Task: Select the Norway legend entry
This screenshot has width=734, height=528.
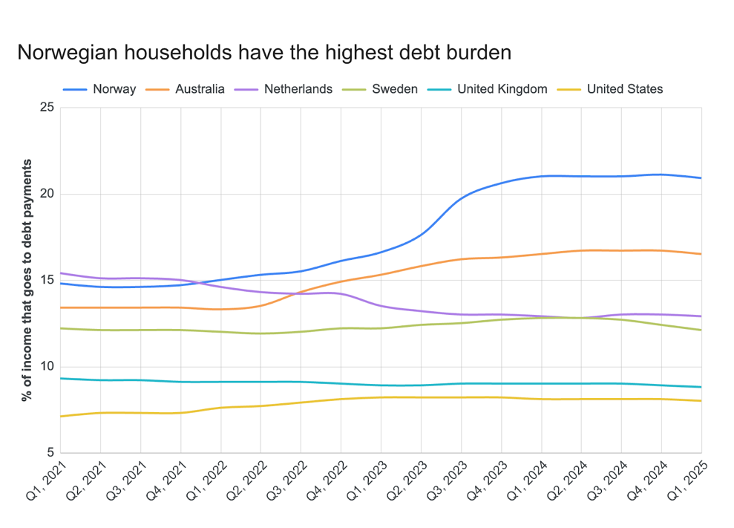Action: point(114,89)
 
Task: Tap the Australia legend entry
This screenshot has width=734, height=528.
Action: point(200,89)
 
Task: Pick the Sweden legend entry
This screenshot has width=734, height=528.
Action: point(395,89)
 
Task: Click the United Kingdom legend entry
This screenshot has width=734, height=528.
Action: point(502,89)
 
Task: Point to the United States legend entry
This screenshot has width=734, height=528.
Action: point(624,89)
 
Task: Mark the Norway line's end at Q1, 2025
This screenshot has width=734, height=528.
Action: point(701,178)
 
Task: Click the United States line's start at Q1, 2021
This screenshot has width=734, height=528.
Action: point(61,416)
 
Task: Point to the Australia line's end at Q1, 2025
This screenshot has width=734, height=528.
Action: point(701,254)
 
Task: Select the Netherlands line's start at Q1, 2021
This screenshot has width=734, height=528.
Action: point(61,273)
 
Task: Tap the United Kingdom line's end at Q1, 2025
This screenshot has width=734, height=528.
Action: point(701,387)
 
